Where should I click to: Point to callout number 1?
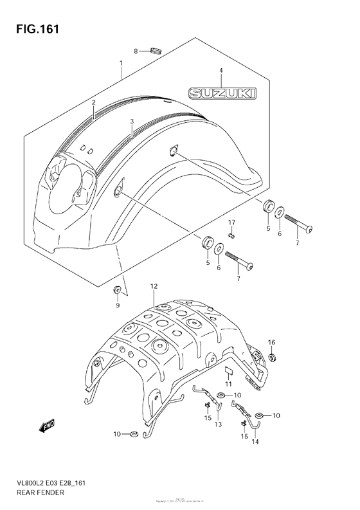pyautogui.click(x=120, y=63)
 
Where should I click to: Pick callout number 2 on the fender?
pyautogui.click(x=93, y=102)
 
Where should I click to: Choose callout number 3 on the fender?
pyautogui.click(x=131, y=121)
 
